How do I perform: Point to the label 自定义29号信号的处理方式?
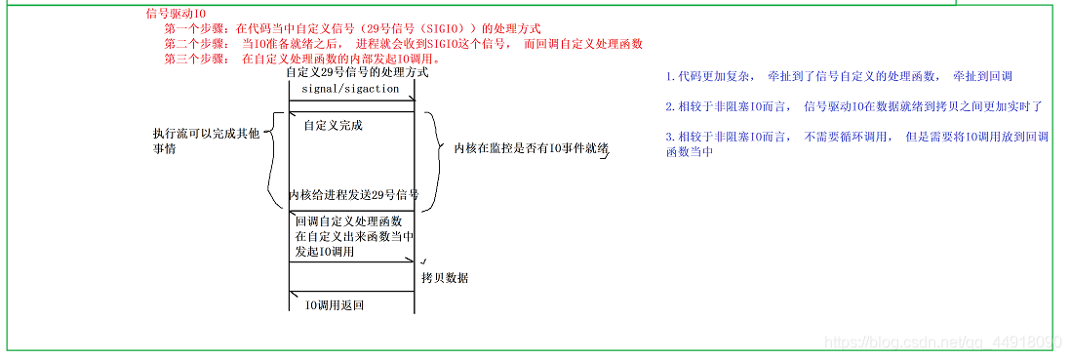pyautogui.click(x=356, y=73)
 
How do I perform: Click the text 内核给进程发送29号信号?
pyautogui.click(x=354, y=195)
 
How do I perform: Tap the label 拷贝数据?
pyautogui.click(x=445, y=278)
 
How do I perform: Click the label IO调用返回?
pyautogui.click(x=335, y=306)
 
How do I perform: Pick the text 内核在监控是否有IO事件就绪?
pyautogui.click(x=532, y=148)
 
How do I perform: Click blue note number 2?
pyautogui.click(x=853, y=105)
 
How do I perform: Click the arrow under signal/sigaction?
pyautogui.click(x=352, y=99)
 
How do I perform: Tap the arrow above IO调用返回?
pyautogui.click(x=352, y=293)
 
